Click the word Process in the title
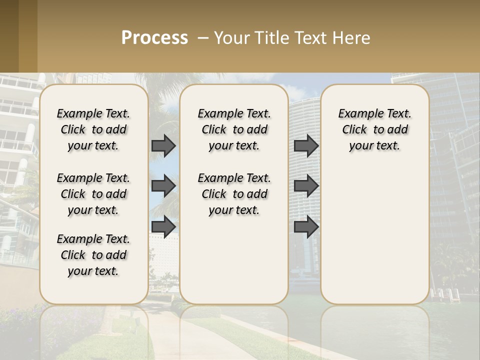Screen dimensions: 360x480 click(154, 37)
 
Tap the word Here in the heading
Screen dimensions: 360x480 click(351, 37)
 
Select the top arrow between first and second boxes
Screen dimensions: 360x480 click(163, 145)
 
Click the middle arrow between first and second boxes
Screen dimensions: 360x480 click(163, 186)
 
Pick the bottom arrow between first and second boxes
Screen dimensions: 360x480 click(163, 226)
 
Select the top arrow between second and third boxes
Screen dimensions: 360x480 click(306, 145)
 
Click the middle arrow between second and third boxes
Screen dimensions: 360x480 click(306, 186)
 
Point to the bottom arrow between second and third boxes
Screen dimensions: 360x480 click(306, 226)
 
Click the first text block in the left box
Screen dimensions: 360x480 click(93, 129)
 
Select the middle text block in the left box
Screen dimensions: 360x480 click(93, 194)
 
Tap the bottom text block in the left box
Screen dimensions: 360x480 click(93, 255)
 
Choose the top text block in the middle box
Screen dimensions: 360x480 click(234, 129)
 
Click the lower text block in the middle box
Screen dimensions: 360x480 click(234, 194)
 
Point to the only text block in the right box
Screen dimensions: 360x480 click(374, 129)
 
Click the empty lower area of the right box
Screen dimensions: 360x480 click(374, 235)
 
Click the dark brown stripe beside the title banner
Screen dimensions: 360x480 click(9, 36)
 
